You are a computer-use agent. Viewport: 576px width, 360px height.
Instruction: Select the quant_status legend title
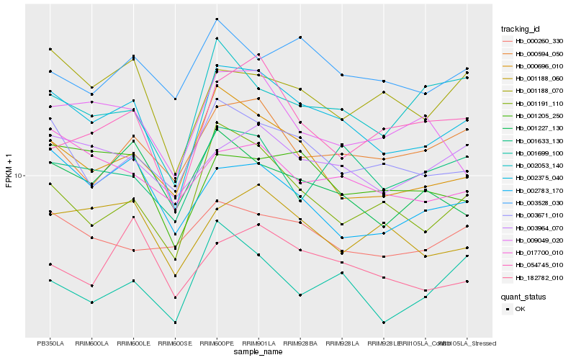523,296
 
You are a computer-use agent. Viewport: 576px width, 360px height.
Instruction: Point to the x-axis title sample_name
258,352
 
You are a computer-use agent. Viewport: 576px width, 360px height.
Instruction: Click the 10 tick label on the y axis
18,176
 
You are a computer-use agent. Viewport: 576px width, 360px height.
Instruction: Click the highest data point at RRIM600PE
217,19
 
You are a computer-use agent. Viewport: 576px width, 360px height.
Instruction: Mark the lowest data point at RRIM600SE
175,323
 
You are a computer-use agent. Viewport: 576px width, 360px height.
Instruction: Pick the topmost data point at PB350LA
50,49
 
